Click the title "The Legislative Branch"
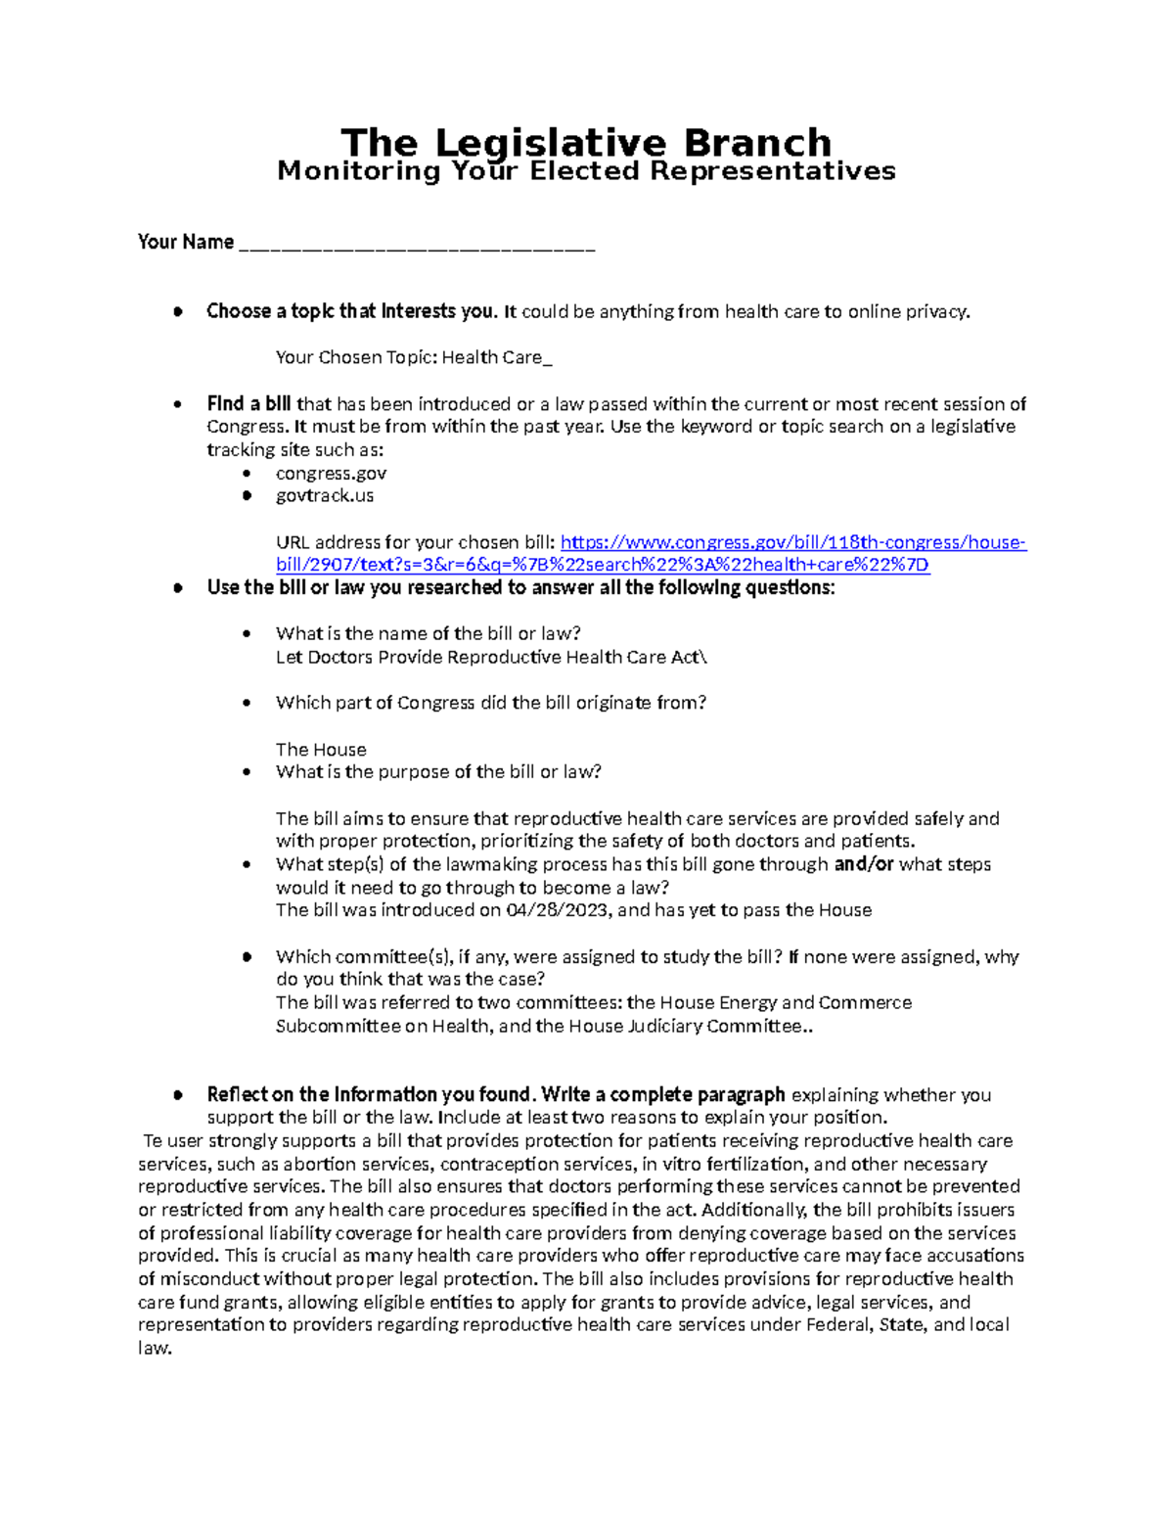tap(585, 143)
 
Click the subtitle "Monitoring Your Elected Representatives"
tap(586, 172)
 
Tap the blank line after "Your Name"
tap(416, 245)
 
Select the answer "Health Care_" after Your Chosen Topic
tap(497, 358)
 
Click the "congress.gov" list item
tap(331, 474)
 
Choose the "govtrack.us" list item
tap(325, 496)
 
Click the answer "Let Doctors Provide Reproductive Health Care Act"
tap(489, 658)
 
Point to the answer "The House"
tap(321, 750)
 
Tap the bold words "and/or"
tap(863, 865)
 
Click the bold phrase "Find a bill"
tap(248, 404)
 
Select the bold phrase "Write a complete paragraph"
tap(662, 1095)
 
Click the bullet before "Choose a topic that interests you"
tap(177, 312)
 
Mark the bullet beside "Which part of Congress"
tap(247, 704)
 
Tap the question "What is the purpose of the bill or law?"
tap(438, 772)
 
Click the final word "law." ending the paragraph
tap(155, 1349)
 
